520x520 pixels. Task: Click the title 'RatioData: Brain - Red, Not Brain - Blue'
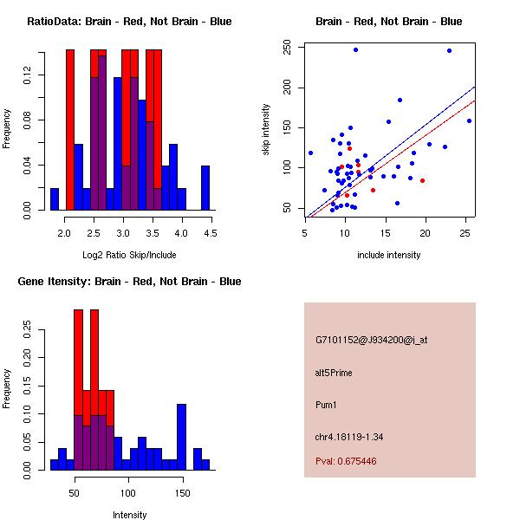coord(129,22)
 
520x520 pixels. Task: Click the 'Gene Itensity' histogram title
coord(129,282)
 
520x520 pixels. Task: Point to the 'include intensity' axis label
coord(389,255)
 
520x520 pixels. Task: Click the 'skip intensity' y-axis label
coord(266,130)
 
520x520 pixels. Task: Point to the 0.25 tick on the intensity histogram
coord(29,329)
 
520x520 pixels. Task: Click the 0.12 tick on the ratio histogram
coord(29,76)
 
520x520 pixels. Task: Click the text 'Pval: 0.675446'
coord(346,461)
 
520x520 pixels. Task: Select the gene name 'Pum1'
coord(326,405)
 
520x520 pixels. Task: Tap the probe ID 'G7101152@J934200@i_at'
coord(371,340)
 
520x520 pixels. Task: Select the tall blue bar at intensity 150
coord(181,437)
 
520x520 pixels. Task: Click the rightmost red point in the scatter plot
coord(422,180)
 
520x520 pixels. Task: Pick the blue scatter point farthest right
coord(469,120)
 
